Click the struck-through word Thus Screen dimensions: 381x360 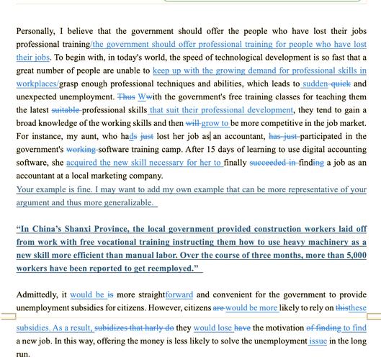pyautogui.click(x=126, y=96)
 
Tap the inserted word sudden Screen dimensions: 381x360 pyautogui.click(x=315, y=84)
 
